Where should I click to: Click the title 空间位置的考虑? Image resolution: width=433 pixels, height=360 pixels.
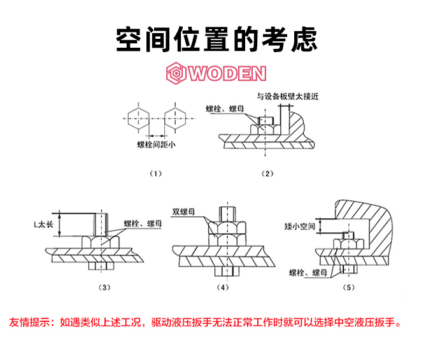click(216, 39)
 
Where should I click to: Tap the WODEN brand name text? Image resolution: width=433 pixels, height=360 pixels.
click(227, 74)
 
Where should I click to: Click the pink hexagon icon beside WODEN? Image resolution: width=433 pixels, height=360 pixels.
click(176, 74)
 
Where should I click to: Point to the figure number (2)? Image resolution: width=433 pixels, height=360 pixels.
click(267, 173)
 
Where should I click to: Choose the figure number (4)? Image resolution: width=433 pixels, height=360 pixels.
click(223, 287)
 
